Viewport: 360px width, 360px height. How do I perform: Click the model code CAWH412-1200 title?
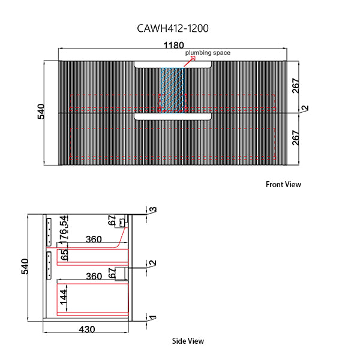(x=173, y=28)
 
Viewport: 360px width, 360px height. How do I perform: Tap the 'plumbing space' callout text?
(x=207, y=53)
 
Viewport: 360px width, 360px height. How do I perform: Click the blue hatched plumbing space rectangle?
(x=172, y=90)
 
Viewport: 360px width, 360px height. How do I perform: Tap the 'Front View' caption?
(x=283, y=185)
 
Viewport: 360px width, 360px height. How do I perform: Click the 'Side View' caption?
(x=188, y=341)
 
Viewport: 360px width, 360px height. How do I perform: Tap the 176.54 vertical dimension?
(x=65, y=229)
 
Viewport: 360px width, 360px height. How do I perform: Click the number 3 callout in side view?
(x=153, y=210)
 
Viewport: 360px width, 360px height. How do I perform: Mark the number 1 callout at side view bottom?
(x=153, y=319)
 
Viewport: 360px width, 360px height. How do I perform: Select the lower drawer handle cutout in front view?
(x=173, y=116)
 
